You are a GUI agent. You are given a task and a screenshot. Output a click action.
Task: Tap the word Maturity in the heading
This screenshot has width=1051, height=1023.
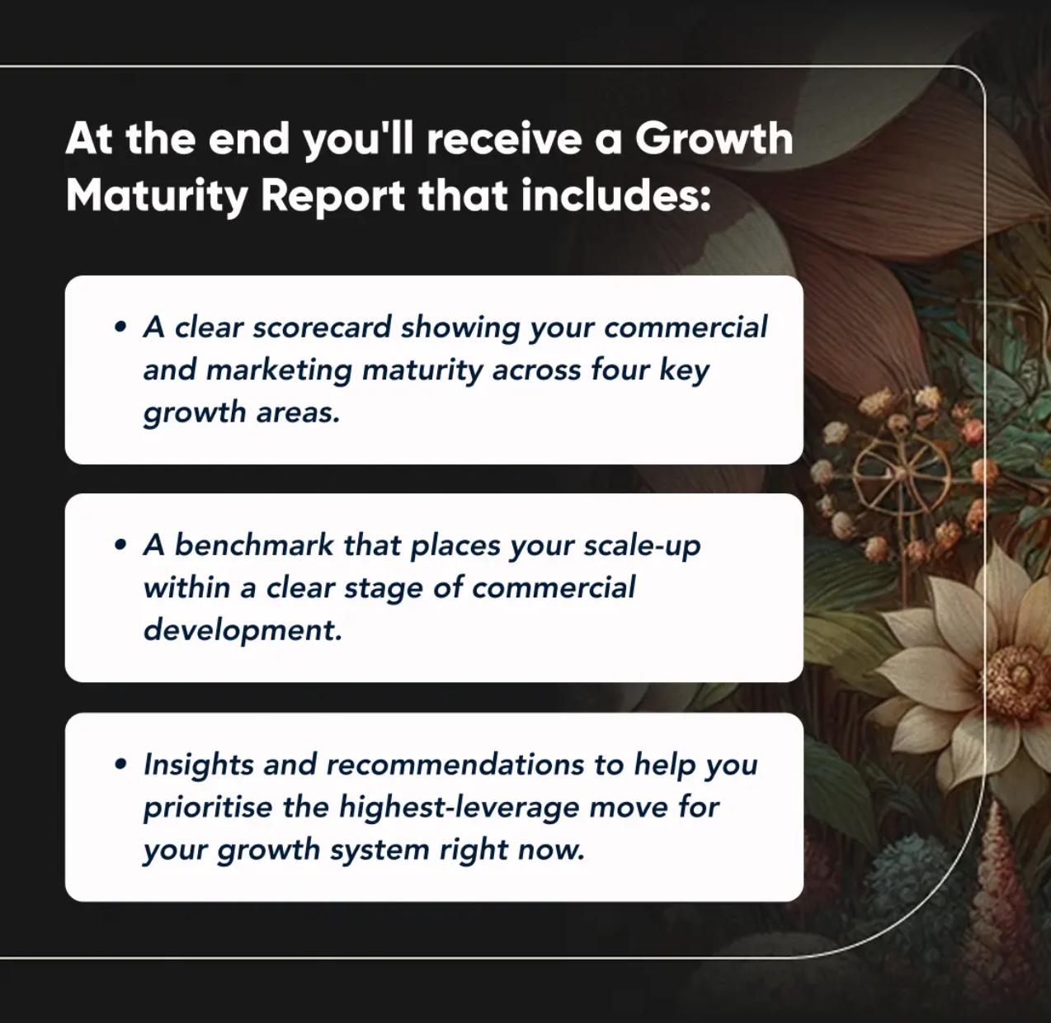tap(157, 196)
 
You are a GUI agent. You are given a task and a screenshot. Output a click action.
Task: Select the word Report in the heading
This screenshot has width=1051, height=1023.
tap(332, 196)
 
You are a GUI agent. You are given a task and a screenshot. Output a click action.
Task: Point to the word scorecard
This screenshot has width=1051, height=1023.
tap(322, 327)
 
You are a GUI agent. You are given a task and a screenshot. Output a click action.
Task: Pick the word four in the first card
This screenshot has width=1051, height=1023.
tap(620, 370)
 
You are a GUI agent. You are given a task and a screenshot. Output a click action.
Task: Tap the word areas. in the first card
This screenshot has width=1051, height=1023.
tap(298, 413)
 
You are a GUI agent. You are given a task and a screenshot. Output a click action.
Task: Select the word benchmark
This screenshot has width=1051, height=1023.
tap(254, 545)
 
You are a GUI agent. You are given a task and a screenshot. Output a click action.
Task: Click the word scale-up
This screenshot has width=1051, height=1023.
tap(642, 546)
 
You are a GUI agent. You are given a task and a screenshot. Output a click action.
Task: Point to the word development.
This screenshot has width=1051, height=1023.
tap(243, 631)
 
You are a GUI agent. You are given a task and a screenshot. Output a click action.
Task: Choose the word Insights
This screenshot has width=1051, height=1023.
tap(198, 766)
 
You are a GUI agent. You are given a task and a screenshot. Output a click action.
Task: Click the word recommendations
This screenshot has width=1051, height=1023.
tap(455, 764)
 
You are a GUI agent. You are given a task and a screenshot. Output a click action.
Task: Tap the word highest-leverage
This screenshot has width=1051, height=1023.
tap(459, 808)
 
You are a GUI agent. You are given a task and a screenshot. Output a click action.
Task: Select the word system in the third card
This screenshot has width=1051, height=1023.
tap(379, 851)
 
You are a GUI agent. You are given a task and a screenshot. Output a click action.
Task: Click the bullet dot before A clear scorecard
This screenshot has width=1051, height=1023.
tap(121, 327)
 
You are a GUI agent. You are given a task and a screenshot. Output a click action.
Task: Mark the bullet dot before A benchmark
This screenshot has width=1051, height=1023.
tap(121, 545)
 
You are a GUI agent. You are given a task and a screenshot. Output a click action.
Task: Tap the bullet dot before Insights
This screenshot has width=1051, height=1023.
tap(121, 764)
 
